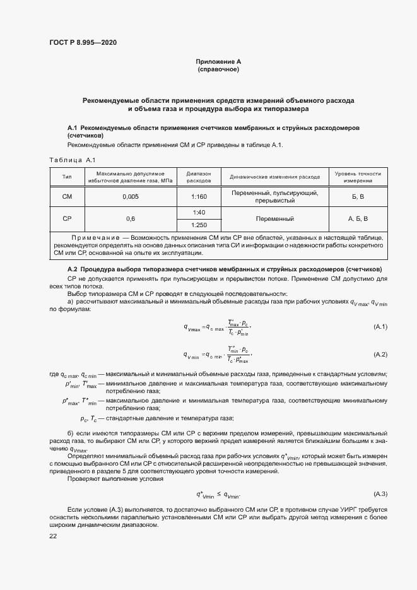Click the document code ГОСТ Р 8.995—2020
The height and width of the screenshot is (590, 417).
83,43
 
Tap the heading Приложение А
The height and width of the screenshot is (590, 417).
218,61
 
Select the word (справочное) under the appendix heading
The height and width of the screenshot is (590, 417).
218,69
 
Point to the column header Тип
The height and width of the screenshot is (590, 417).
67,177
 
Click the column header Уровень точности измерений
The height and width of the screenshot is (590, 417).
358,177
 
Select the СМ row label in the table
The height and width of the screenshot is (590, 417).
67,197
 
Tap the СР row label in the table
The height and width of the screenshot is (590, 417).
67,219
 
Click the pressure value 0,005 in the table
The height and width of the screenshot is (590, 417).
131,197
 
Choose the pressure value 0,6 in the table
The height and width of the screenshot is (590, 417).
131,219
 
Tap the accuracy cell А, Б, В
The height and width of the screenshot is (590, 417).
358,219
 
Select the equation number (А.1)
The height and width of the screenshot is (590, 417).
380,326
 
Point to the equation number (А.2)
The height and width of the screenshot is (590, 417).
380,355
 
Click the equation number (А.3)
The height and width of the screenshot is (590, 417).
380,493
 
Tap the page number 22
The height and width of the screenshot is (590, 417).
53,536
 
